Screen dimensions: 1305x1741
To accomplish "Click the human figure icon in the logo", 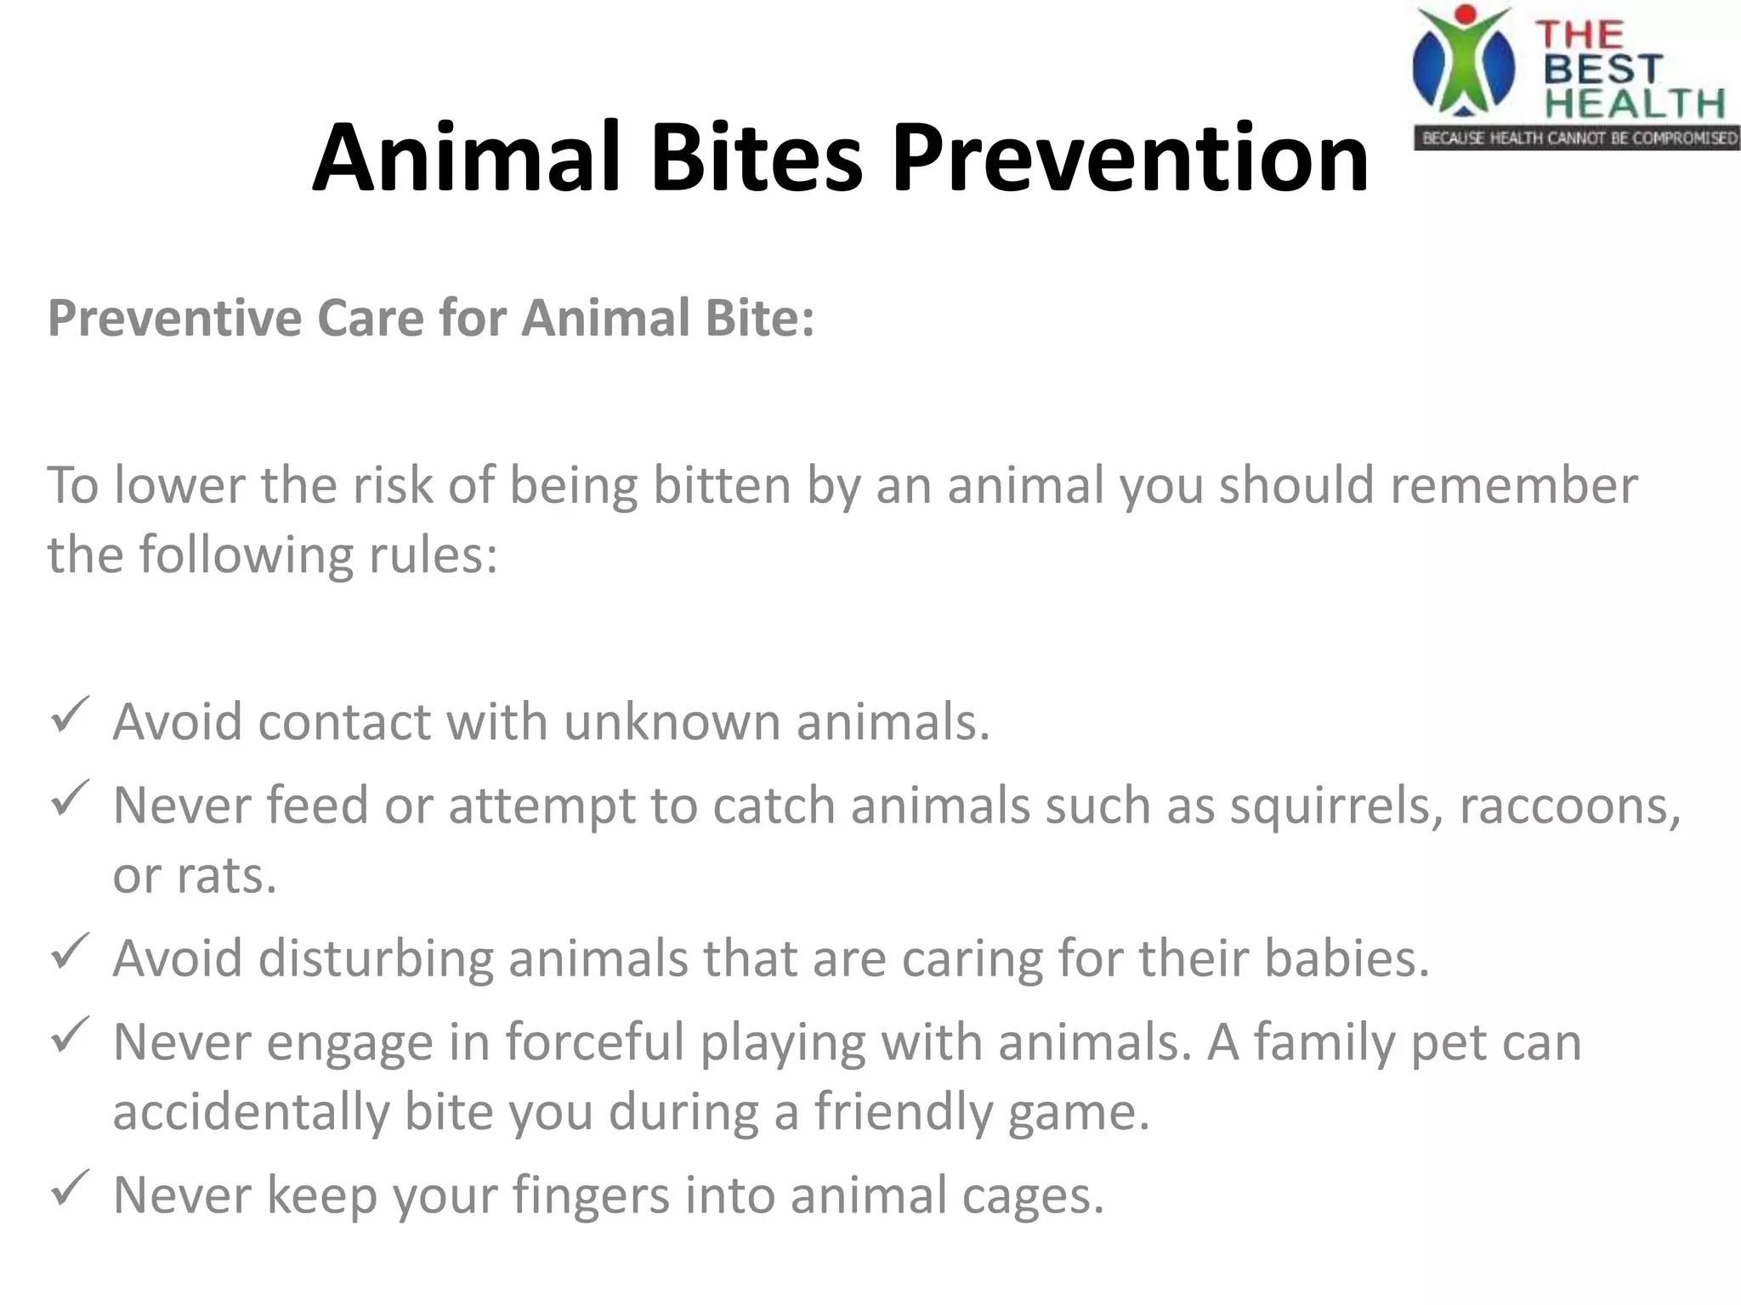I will tap(1464, 59).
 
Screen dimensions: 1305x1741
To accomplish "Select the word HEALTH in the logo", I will tap(1634, 104).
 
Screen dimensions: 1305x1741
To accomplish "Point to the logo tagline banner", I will tap(1577, 138).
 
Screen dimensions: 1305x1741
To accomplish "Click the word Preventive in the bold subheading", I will tap(174, 319).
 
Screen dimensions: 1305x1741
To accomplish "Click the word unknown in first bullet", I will tap(672, 722).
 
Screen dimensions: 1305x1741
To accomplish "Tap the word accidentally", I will tap(251, 1112).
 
